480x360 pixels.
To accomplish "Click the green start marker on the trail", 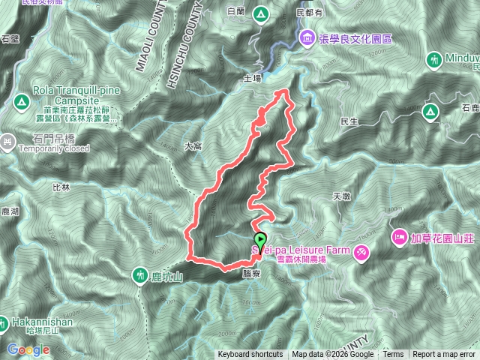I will (x=259, y=240).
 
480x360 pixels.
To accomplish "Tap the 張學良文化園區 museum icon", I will (x=306, y=37).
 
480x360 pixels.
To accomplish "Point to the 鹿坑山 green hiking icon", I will (x=140, y=276).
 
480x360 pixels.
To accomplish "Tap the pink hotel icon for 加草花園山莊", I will (x=399, y=238).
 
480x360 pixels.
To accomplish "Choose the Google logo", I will (x=28, y=349).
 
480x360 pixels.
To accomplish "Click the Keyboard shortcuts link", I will (x=250, y=355).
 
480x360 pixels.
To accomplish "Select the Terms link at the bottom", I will (x=393, y=355).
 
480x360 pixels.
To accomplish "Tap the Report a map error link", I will (x=445, y=355).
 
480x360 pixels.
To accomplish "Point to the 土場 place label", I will (x=253, y=77).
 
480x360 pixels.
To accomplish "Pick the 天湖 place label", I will (x=340, y=196).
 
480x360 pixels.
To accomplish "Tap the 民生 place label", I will (x=349, y=121).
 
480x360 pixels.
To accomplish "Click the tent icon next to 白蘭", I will (x=260, y=13).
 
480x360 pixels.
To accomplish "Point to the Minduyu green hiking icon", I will (x=435, y=58).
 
